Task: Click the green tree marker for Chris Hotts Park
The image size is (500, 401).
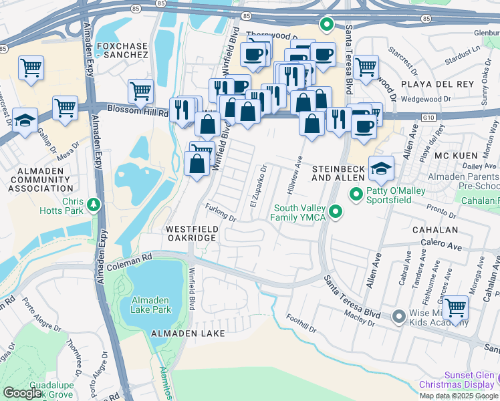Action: (94, 203)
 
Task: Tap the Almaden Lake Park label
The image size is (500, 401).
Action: (151, 305)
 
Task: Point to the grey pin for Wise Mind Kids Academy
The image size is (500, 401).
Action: (398, 315)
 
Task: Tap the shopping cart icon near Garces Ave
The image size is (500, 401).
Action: (455, 308)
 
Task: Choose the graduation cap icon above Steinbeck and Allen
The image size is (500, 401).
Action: (381, 167)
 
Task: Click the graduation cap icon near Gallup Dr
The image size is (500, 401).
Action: (25, 121)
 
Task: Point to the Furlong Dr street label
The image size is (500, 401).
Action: (221, 213)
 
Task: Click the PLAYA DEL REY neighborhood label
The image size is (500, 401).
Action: (438, 84)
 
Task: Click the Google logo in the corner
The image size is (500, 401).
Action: (22, 393)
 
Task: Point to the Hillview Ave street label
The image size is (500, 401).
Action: (294, 174)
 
